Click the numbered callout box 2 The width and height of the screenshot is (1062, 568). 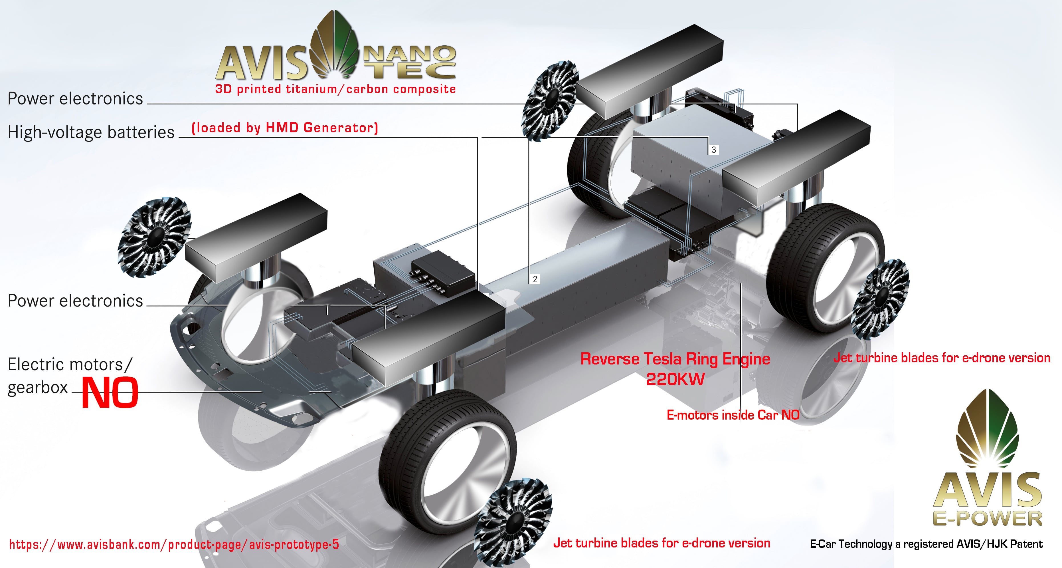(535, 279)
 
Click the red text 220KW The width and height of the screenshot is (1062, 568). (675, 379)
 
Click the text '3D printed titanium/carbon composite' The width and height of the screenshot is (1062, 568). (335, 89)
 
